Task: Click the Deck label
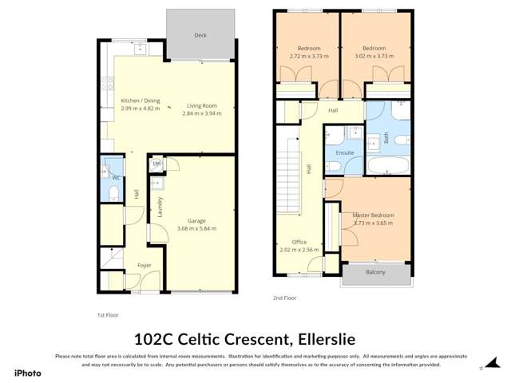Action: [200, 36]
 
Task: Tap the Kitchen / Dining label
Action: [141, 101]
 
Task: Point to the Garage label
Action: [197, 221]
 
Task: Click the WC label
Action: [116, 177]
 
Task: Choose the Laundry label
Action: [160, 207]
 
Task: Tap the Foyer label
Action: [145, 265]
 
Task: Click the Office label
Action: [299, 242]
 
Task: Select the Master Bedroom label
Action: [374, 215]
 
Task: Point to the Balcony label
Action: [375, 272]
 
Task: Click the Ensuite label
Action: [345, 152]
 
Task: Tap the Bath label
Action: [386, 137]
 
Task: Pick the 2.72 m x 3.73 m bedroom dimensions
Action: [308, 56]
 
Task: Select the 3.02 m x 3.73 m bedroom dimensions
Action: [374, 56]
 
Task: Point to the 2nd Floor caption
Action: [285, 298]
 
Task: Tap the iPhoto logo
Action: [27, 373]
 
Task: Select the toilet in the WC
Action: [113, 191]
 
